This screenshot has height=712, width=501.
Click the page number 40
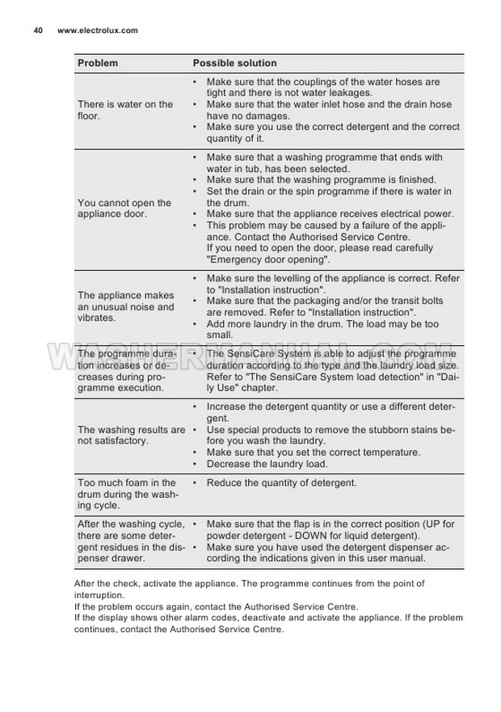(38, 31)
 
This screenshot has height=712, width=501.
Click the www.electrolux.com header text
(98, 31)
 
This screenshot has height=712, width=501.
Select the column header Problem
(98, 63)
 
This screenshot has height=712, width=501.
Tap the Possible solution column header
(234, 63)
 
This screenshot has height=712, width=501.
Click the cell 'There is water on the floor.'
(125, 110)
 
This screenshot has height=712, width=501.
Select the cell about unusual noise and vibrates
(125, 306)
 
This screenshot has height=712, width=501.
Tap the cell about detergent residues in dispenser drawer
(129, 541)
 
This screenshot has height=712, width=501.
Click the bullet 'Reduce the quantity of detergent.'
(281, 483)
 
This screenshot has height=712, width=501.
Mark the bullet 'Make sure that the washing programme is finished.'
(322, 180)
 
